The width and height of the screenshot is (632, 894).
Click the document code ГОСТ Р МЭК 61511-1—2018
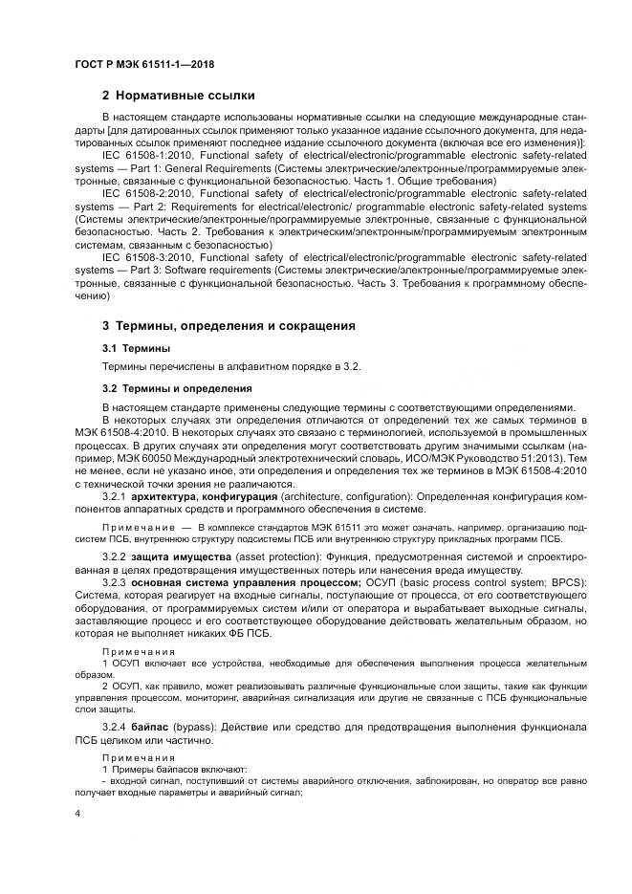[x=143, y=64]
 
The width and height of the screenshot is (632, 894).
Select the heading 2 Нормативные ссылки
[x=178, y=95]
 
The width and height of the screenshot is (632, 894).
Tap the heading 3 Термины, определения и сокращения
[x=229, y=326]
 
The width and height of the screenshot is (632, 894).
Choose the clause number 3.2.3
[x=114, y=582]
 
